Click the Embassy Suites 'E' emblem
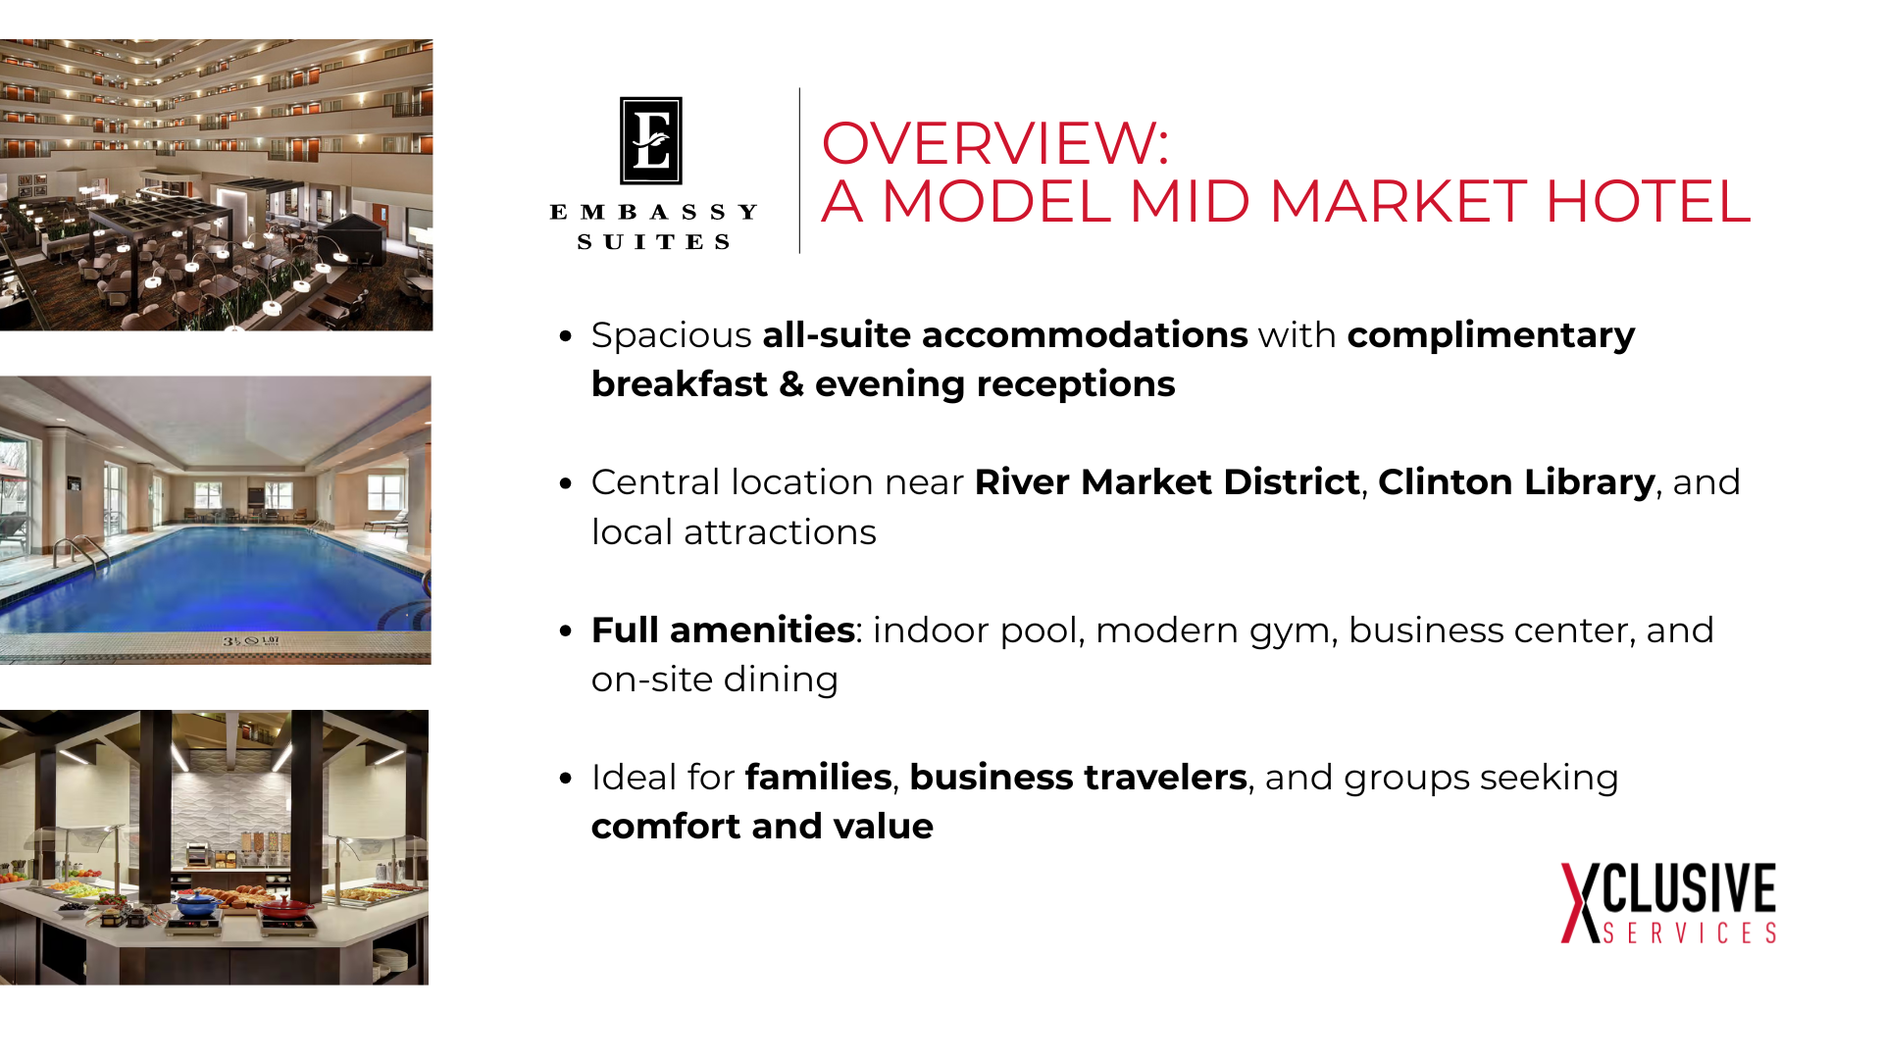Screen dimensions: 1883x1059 click(x=651, y=140)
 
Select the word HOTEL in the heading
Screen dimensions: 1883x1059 click(x=1648, y=201)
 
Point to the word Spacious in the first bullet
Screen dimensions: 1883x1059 click(x=671, y=336)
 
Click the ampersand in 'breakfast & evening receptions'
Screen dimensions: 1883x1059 click(x=791, y=384)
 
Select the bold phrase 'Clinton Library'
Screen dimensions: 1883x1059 click(x=1516, y=482)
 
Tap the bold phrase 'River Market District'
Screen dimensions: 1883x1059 click(x=1167, y=482)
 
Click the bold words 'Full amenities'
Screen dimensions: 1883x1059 click(x=723, y=630)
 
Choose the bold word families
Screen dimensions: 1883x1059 click(x=818, y=777)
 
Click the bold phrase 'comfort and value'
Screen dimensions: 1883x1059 click(x=762, y=827)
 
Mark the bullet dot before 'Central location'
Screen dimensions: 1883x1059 click(x=565, y=483)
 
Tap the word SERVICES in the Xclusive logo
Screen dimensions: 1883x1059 click(x=1689, y=933)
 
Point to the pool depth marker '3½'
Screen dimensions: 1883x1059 click(x=231, y=641)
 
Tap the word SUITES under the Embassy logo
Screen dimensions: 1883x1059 click(x=653, y=242)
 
